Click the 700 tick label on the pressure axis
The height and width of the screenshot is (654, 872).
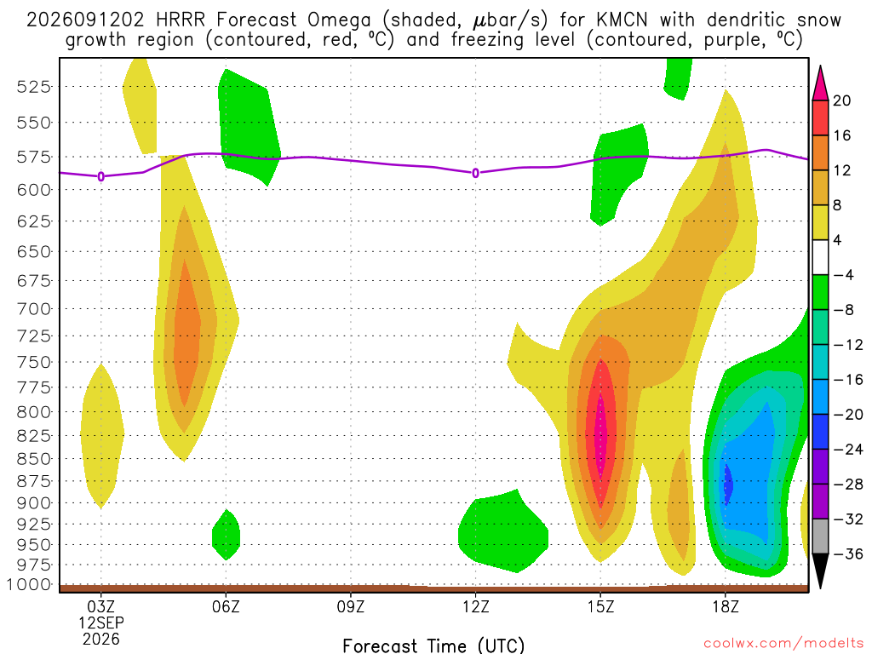[x=34, y=308]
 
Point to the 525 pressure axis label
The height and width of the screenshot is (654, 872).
[x=34, y=87]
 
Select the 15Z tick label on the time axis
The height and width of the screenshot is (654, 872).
[x=600, y=606]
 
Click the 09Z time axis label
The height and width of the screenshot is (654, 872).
[x=351, y=606]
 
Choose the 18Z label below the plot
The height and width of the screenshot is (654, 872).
[x=726, y=606]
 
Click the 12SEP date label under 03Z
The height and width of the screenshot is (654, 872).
[x=100, y=622]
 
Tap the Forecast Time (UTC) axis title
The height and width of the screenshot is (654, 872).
[x=433, y=645]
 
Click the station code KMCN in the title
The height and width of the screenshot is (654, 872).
[x=622, y=20]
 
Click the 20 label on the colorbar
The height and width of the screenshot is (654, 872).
[x=842, y=100]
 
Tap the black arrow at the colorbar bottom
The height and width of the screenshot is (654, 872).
[x=820, y=571]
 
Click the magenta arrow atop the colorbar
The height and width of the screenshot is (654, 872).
[x=820, y=83]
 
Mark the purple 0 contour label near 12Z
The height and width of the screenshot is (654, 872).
[x=475, y=174]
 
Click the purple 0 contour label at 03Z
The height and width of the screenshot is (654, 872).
[x=100, y=177]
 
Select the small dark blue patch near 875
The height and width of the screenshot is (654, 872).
[x=728, y=485]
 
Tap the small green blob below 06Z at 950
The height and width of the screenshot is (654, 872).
[x=227, y=535]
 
